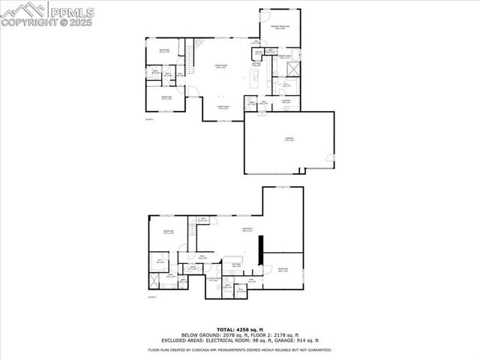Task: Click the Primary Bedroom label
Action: [281, 27]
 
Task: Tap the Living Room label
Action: [220, 66]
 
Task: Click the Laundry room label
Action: [286, 101]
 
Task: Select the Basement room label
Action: [247, 229]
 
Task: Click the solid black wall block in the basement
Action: [259, 250]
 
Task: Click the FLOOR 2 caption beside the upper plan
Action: [149, 119]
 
